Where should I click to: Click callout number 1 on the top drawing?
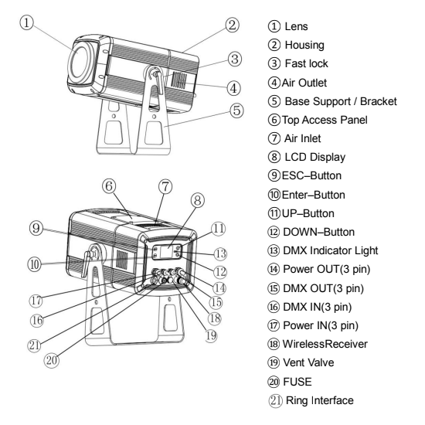pyautogui.click(x=26, y=22)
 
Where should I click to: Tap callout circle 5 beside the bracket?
pyautogui.click(x=236, y=110)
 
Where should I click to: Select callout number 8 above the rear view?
pyautogui.click(x=198, y=201)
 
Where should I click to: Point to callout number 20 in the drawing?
pyautogui.click(x=52, y=361)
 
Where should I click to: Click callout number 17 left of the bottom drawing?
pyautogui.click(x=36, y=301)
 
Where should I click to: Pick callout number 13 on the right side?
pyautogui.click(x=220, y=254)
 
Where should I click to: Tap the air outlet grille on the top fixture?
pyautogui.click(x=179, y=80)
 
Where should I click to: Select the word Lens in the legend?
pyautogui.click(x=296, y=26)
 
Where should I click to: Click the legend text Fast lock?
pyautogui.click(x=306, y=63)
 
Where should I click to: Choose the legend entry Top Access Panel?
pyautogui.click(x=325, y=120)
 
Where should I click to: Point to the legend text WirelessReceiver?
pyautogui.click(x=325, y=344)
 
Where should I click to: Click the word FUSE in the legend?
pyautogui.click(x=297, y=382)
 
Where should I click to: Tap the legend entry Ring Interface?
pyautogui.click(x=320, y=400)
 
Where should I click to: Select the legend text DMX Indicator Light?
pyautogui.click(x=331, y=250)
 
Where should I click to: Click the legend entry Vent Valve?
pyautogui.click(x=308, y=362)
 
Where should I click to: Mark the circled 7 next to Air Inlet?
pyautogui.click(x=274, y=138)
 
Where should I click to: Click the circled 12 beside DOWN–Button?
pyautogui.click(x=274, y=233)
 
